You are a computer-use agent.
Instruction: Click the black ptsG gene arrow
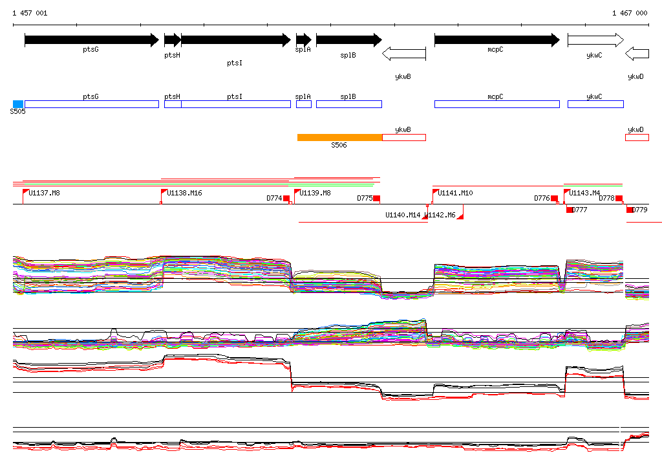click(x=91, y=40)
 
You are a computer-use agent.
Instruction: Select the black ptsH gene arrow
click(x=172, y=40)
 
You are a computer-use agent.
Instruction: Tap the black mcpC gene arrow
click(x=496, y=40)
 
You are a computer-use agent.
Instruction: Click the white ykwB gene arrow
click(x=404, y=54)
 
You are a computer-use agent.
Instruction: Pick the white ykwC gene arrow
click(x=595, y=40)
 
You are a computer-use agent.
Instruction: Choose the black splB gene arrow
click(x=348, y=40)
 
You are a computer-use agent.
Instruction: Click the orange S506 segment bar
click(x=339, y=137)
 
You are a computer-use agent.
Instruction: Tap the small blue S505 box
click(x=18, y=104)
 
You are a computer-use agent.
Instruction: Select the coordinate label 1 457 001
click(x=30, y=13)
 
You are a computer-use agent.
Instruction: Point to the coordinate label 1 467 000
click(x=630, y=13)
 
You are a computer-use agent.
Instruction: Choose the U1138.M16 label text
click(x=184, y=193)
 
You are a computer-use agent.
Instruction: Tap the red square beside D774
click(x=286, y=199)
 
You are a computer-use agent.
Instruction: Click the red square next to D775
click(x=377, y=199)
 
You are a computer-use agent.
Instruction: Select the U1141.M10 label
click(x=455, y=193)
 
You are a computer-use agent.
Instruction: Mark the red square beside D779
click(x=630, y=210)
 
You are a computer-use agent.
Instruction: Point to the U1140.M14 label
click(x=403, y=215)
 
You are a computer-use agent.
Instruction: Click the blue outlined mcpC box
click(x=496, y=104)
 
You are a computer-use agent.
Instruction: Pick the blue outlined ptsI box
click(x=235, y=104)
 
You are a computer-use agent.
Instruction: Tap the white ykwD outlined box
click(x=637, y=137)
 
